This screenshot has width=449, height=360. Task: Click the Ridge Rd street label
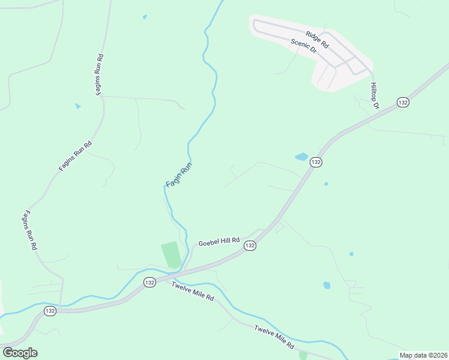(x=317, y=40)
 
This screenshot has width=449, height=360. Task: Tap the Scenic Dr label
(x=303, y=46)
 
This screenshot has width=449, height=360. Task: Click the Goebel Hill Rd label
(x=219, y=241)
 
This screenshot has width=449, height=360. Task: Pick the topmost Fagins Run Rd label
(x=100, y=74)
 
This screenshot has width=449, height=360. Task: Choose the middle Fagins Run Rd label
(x=76, y=156)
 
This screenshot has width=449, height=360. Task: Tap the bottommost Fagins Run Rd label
(x=31, y=230)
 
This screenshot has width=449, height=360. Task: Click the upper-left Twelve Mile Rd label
(x=193, y=293)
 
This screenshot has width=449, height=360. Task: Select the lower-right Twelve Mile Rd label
(x=274, y=338)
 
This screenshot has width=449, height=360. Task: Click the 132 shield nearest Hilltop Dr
(x=403, y=103)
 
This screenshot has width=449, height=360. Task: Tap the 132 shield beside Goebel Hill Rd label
(x=250, y=246)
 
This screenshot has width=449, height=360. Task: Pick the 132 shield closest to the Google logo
(x=50, y=311)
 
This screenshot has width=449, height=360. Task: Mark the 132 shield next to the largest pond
(x=316, y=163)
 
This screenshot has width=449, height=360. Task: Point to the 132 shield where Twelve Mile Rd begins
(x=149, y=282)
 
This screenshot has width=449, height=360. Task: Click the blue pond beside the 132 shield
(x=301, y=157)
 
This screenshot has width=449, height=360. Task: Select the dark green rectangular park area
(x=171, y=254)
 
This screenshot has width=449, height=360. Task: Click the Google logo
(x=20, y=353)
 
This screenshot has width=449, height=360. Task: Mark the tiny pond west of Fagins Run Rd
(x=77, y=106)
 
